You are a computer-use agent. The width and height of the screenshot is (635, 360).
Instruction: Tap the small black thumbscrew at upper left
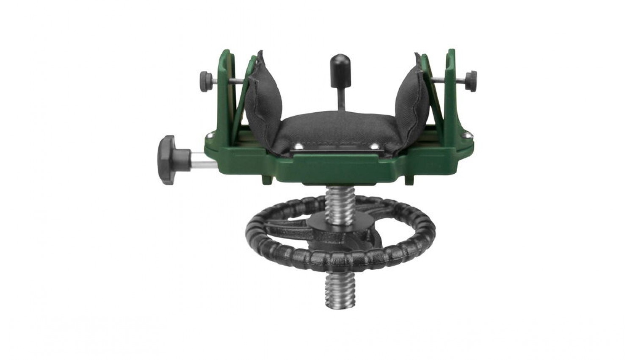[x=206, y=78]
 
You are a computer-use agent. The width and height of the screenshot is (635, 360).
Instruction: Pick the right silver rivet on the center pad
[x=375, y=147]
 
